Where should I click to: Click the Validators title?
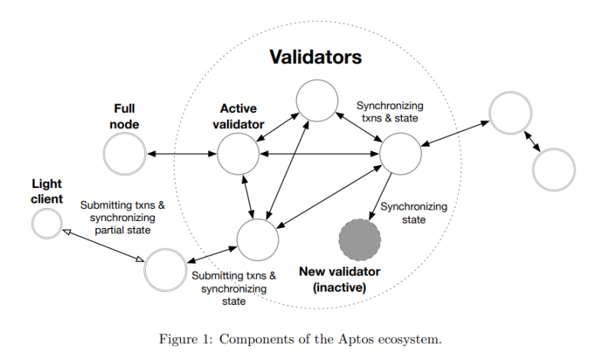[x=315, y=58]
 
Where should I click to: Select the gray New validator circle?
[x=360, y=239]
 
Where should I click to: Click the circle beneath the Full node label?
[x=125, y=154]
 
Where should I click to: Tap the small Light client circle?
[x=46, y=223]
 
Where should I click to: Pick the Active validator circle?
[x=238, y=154]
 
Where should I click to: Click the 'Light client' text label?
[x=47, y=191]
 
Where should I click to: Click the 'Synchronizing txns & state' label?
[x=390, y=112]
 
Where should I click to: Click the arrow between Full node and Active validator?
[x=182, y=154]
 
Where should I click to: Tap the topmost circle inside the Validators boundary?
[x=317, y=101]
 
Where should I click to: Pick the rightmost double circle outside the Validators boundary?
[x=553, y=170]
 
